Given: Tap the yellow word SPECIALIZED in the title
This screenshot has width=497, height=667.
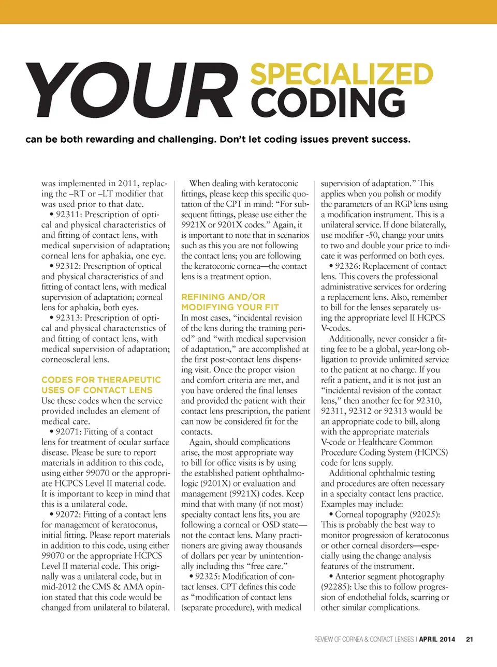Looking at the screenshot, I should [x=342, y=74].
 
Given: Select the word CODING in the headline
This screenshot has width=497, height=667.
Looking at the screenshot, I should [x=328, y=102].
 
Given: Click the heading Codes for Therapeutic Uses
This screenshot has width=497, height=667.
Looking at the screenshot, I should [x=101, y=385].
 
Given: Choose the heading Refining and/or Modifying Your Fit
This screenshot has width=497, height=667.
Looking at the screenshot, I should [x=230, y=302].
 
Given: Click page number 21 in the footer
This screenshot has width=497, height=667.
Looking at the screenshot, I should [x=470, y=639].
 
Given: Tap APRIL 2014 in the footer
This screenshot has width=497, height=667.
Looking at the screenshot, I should [x=437, y=639].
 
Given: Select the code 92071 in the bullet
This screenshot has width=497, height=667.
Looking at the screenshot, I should [x=68, y=432].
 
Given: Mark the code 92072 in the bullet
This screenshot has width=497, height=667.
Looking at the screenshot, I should [x=68, y=514].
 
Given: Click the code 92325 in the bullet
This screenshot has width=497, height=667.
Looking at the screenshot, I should [x=208, y=577].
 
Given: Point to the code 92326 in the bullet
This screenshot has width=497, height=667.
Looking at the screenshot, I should [x=347, y=266].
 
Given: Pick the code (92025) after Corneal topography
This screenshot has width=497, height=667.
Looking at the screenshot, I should [x=425, y=514].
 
